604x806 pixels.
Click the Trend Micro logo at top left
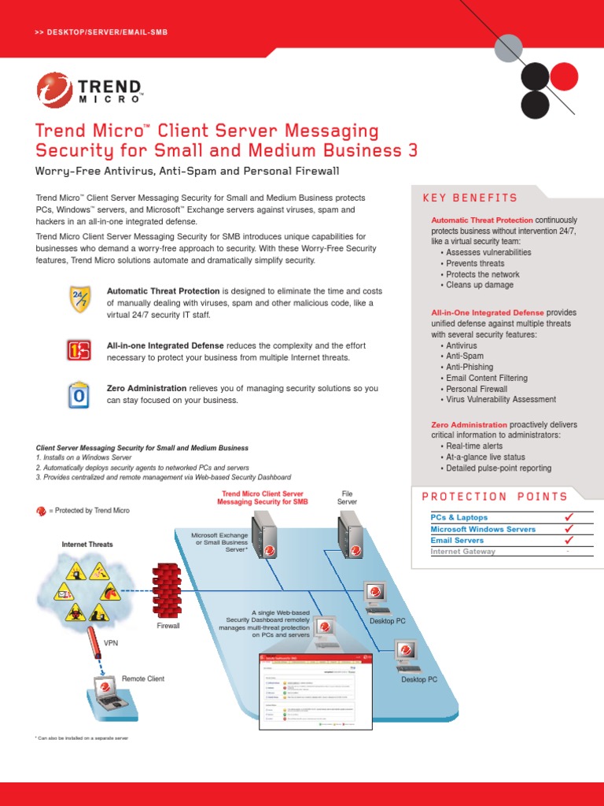(89, 89)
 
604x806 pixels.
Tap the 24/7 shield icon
(80, 300)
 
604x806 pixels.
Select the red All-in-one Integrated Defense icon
(79, 349)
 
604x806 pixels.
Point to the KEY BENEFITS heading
(470, 198)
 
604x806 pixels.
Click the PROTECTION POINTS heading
(495, 497)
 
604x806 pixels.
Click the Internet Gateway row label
(463, 552)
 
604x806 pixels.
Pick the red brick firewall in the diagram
(167, 591)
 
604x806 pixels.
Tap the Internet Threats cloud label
(87, 545)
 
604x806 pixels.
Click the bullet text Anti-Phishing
(470, 367)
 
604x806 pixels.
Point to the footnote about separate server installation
(82, 738)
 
